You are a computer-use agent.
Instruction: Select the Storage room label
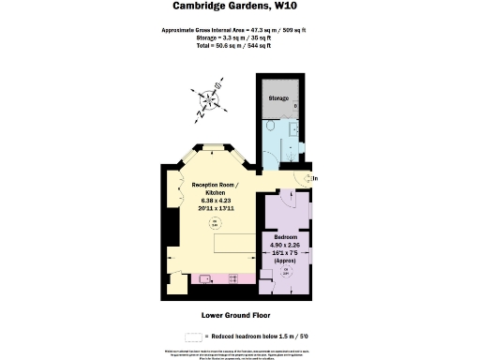279,97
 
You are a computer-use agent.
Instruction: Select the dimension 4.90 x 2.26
286,247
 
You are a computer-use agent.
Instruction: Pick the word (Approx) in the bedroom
286,260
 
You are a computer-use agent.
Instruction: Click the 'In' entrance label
315,178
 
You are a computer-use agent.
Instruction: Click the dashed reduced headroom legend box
196,336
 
